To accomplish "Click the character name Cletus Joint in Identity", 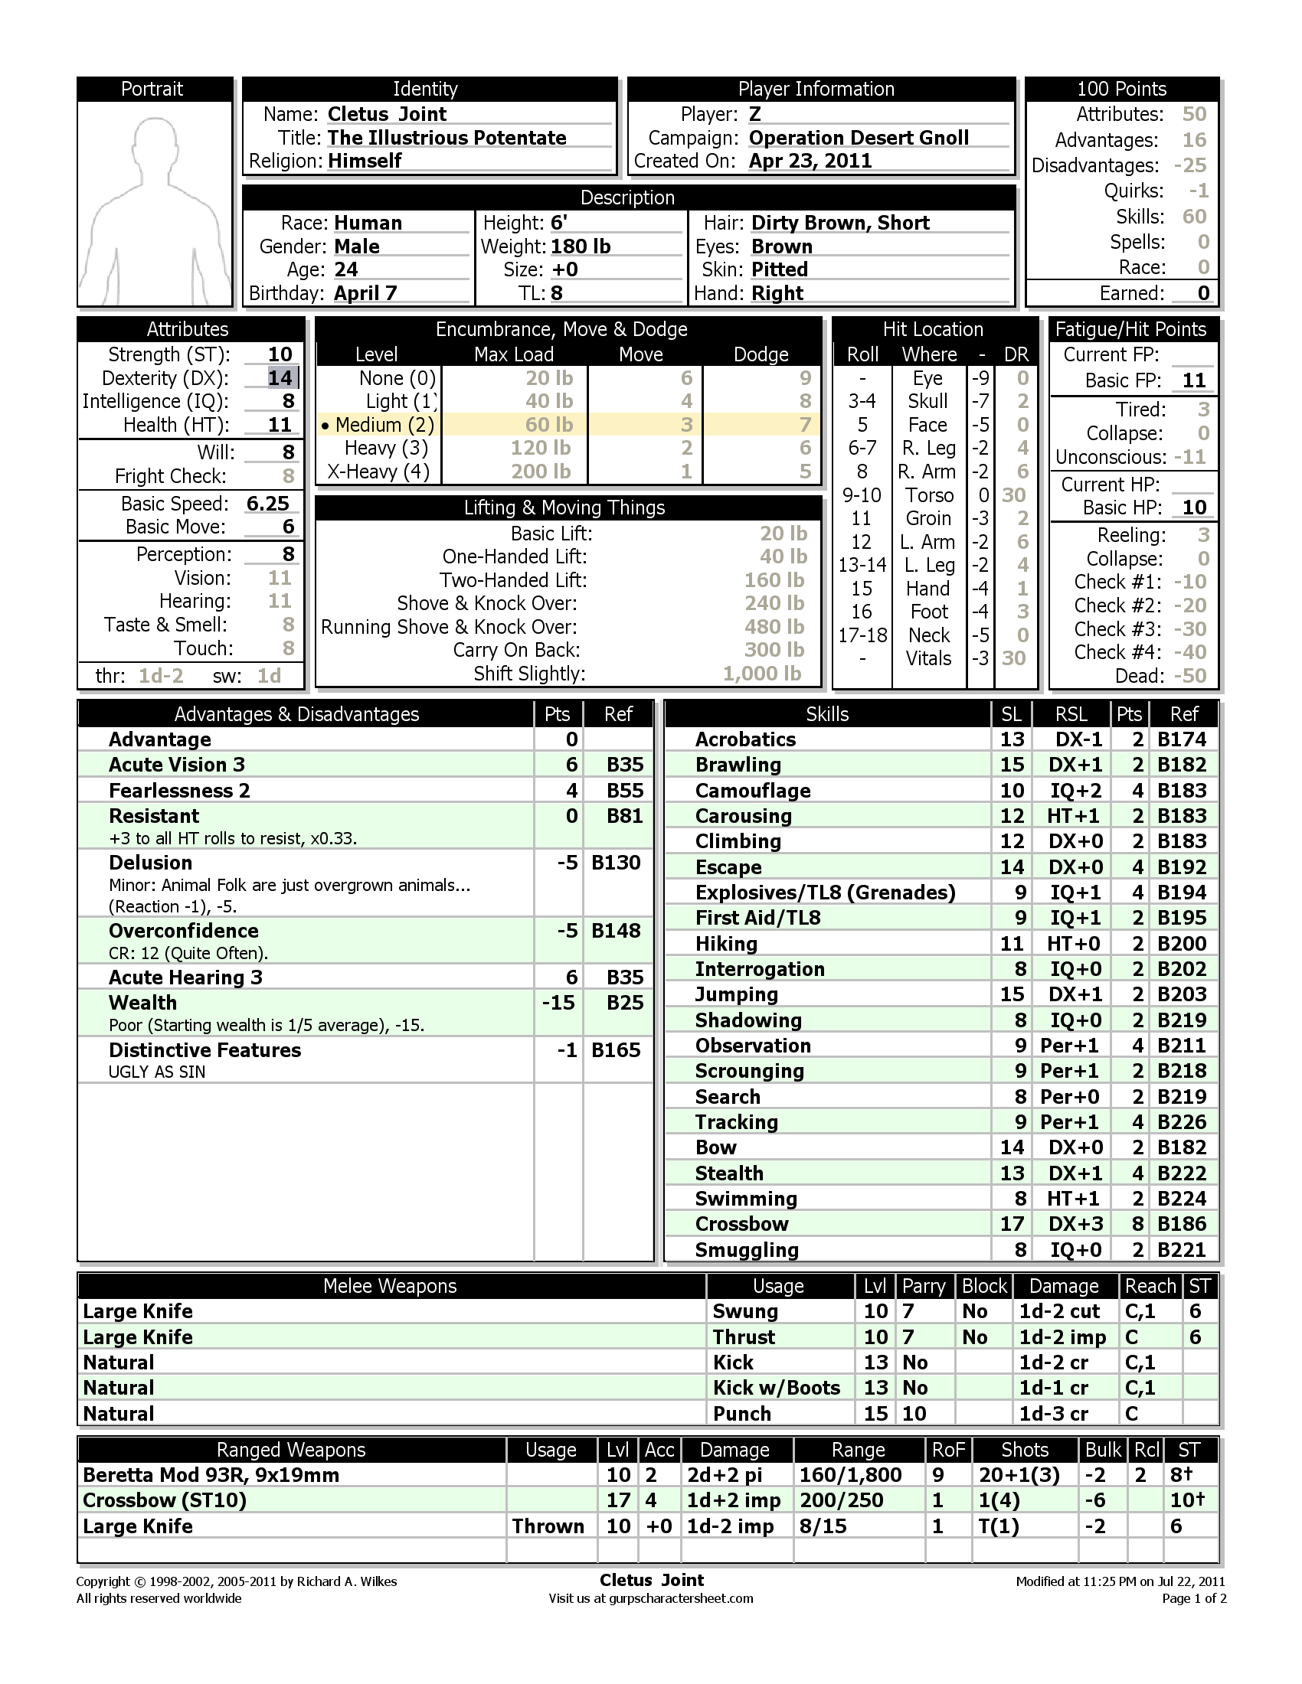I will click(387, 114).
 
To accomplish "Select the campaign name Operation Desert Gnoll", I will click(859, 138).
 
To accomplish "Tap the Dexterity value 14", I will click(280, 378).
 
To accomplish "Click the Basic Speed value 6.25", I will click(267, 504).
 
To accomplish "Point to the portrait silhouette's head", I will click(154, 142).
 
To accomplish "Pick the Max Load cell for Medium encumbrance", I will click(548, 425).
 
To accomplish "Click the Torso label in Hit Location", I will click(929, 495).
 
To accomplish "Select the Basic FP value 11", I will click(1193, 380).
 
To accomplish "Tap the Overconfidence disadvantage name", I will click(184, 931).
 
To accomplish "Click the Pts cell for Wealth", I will click(558, 1004).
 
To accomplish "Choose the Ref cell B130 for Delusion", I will click(616, 863).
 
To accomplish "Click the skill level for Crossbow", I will click(1011, 1225).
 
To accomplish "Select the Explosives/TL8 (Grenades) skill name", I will click(825, 893).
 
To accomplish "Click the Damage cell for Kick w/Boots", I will click(1053, 1389).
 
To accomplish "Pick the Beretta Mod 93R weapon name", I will click(211, 1475).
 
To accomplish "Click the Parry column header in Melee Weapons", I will click(924, 1286).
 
